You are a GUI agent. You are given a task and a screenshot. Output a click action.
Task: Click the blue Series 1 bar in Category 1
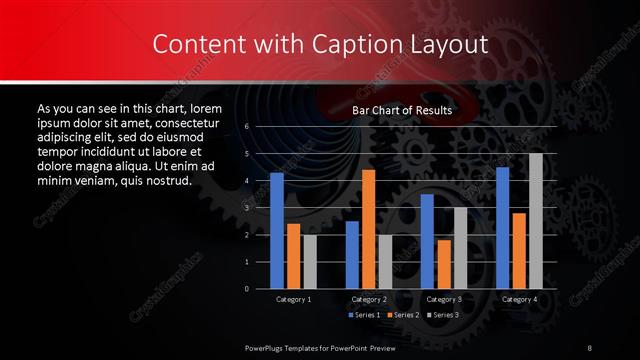click(x=277, y=231)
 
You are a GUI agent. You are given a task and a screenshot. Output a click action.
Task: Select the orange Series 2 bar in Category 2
click(x=368, y=229)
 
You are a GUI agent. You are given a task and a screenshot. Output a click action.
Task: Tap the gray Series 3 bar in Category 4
click(x=535, y=221)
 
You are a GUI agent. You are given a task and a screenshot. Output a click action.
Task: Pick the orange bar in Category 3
click(x=443, y=264)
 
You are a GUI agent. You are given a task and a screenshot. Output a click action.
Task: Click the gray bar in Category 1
click(x=309, y=262)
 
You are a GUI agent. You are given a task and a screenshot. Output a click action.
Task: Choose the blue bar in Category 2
click(x=352, y=255)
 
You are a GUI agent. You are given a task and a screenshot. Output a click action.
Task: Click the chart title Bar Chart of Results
click(x=402, y=110)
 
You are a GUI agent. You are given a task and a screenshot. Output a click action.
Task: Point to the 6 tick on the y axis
click(x=246, y=127)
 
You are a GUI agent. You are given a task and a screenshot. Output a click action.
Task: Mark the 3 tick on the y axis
click(x=246, y=208)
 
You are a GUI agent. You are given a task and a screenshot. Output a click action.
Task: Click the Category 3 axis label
click(x=443, y=299)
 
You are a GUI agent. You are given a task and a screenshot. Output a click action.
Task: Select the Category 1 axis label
click(x=293, y=299)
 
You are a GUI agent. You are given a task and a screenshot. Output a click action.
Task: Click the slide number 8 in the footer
click(x=590, y=347)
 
